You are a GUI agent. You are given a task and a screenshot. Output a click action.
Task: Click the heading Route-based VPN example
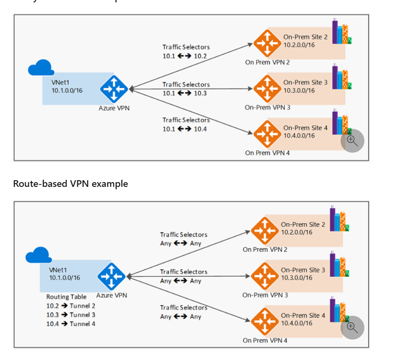(x=70, y=184)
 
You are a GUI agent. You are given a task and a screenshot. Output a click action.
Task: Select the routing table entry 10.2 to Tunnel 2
(x=70, y=306)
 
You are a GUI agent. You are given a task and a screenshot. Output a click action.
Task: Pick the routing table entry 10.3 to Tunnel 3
(x=70, y=315)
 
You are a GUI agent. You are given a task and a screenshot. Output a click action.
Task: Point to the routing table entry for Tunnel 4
(x=70, y=324)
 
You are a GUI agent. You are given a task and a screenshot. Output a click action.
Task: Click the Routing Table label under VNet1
(x=66, y=297)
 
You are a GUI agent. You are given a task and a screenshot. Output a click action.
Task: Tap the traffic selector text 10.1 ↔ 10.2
(x=184, y=56)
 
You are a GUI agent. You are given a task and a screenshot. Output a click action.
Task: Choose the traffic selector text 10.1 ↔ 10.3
(x=184, y=93)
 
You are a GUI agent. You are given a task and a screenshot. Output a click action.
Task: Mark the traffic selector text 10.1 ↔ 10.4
(x=184, y=129)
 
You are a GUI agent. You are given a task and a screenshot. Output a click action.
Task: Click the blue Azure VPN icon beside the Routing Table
(x=112, y=276)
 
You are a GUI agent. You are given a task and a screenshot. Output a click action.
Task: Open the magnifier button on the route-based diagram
(x=352, y=327)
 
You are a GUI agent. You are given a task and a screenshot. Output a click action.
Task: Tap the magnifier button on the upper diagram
(x=352, y=140)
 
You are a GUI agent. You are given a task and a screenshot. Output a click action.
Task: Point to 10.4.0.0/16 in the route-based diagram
(x=296, y=323)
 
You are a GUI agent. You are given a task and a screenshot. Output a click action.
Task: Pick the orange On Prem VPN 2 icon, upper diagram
(x=267, y=43)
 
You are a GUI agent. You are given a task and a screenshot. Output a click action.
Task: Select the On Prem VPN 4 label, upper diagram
(x=267, y=153)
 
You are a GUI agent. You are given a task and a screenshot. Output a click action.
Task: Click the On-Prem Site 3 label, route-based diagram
(x=303, y=270)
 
